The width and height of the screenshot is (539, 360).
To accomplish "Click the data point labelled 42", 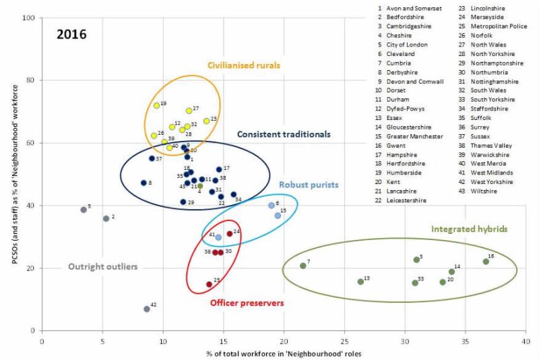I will pos(147,309).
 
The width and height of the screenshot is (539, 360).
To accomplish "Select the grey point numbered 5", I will pos(84,210).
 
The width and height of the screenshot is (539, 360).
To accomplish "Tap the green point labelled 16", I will pos(486,261).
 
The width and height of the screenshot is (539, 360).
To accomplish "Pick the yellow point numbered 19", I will pos(156,106).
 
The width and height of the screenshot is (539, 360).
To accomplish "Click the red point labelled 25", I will pos(209,284).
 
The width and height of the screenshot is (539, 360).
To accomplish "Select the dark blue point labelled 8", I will pos(144,183).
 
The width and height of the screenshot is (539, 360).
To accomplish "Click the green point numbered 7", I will pos(303,266).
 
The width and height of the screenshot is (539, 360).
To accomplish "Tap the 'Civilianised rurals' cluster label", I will pos(244,65).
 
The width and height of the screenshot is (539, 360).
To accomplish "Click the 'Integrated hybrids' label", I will pos(469,229).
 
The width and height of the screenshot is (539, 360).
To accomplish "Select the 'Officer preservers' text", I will pos(247,303).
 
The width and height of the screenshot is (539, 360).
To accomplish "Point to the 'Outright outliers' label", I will pos(103,267).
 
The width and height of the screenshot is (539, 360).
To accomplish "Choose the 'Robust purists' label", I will pos(309,184).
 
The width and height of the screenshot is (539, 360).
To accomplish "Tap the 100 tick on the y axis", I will pos(28,18).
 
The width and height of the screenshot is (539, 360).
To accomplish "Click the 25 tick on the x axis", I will pos(345,342).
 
